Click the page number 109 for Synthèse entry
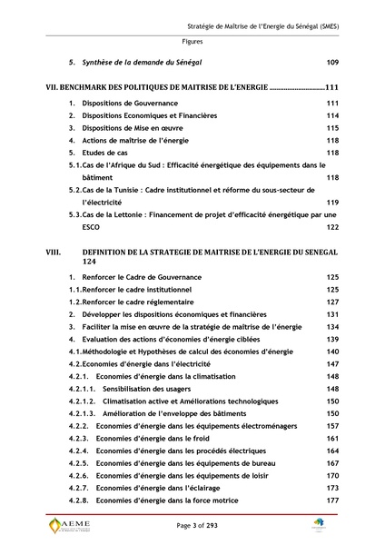pos(331,62)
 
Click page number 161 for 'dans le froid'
pos(331,438)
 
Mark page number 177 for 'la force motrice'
pos(331,500)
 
